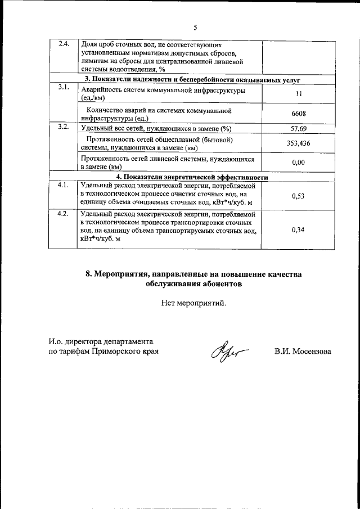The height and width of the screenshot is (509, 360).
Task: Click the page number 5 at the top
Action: [195, 27]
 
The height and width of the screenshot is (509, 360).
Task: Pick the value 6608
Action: [298, 114]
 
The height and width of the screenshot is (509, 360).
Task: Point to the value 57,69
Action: [298, 128]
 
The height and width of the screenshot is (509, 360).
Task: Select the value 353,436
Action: [298, 143]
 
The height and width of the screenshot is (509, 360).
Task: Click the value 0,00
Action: [298, 163]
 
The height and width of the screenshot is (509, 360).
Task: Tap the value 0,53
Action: [298, 195]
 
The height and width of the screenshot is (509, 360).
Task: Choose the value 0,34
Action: [298, 229]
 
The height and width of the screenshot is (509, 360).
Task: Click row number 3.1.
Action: [63, 87]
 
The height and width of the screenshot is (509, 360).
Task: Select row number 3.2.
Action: [63, 127]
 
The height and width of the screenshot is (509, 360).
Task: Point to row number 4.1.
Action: [63, 184]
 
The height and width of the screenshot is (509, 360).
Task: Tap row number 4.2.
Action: [63, 214]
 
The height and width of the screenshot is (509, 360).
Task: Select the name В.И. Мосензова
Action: [303, 352]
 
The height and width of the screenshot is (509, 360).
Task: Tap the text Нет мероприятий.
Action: [194, 303]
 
